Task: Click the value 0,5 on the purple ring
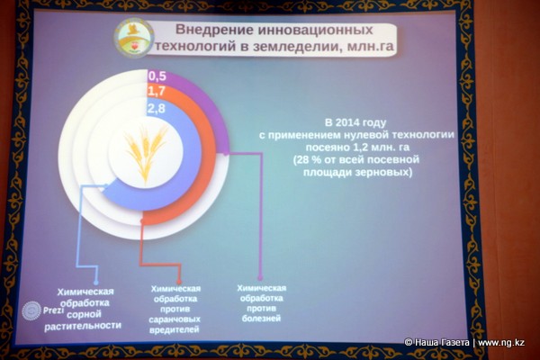[x=157, y=76]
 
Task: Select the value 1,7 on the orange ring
[x=157, y=92]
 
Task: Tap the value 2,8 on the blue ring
[x=157, y=108]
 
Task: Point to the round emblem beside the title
[x=133, y=37]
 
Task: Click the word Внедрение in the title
[x=213, y=30]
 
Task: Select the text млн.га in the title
[x=370, y=46]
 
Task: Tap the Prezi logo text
[x=53, y=310]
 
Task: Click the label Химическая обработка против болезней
[x=261, y=302]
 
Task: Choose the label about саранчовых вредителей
[x=175, y=309]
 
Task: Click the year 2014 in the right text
[x=347, y=122]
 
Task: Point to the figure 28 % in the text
[x=308, y=160]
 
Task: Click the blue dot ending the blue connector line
[x=96, y=283]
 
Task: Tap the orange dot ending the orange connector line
[x=179, y=282]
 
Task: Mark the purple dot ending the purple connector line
[x=260, y=277]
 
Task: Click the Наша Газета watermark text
[x=442, y=342]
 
